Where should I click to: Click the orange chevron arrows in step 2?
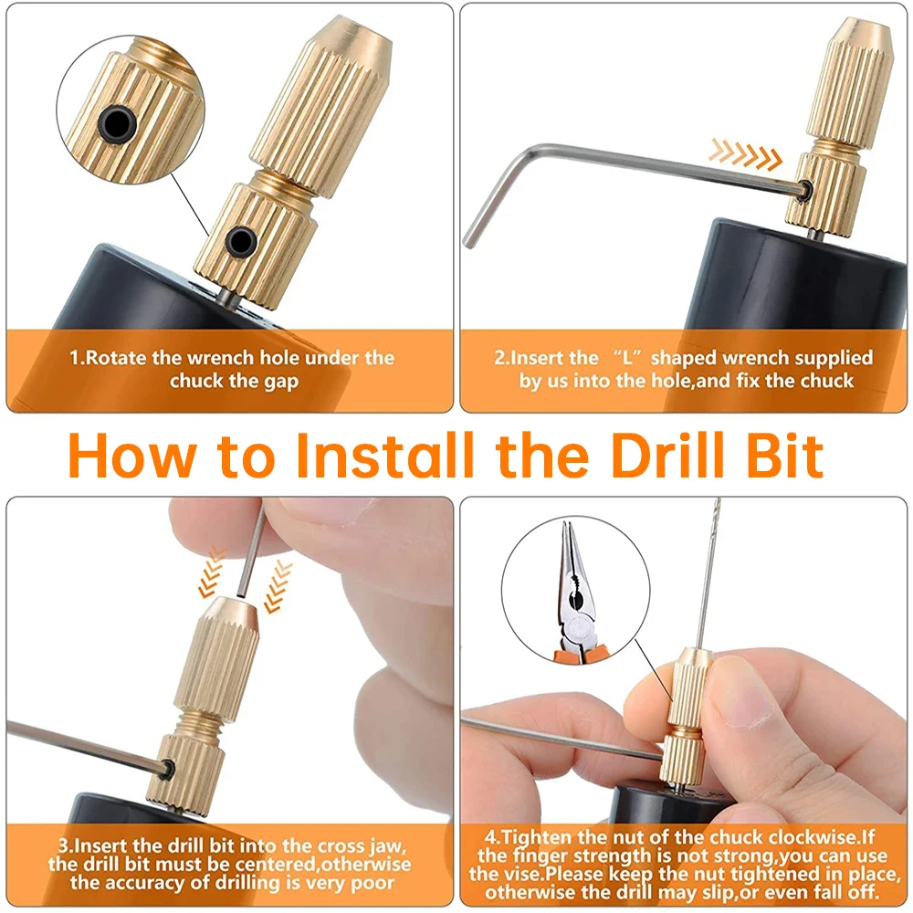tap(745, 154)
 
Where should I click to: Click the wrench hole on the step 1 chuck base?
tap(240, 240)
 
